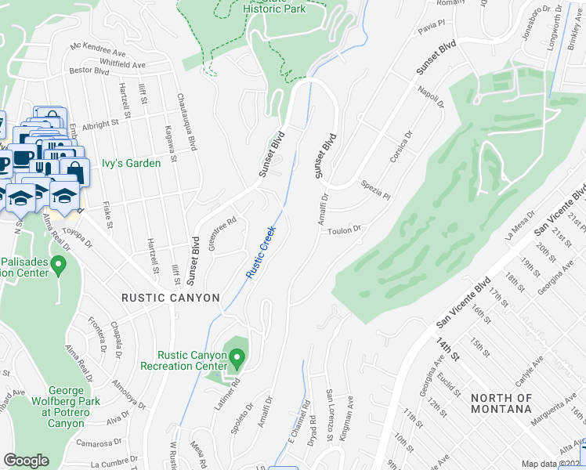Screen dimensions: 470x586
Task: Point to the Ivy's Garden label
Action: pyautogui.click(x=131, y=164)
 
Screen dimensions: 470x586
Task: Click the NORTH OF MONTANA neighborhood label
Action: pyautogui.click(x=502, y=403)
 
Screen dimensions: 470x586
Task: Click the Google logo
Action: pyautogui.click(x=26, y=461)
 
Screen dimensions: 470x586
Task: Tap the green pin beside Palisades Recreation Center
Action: pyautogui.click(x=58, y=267)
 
